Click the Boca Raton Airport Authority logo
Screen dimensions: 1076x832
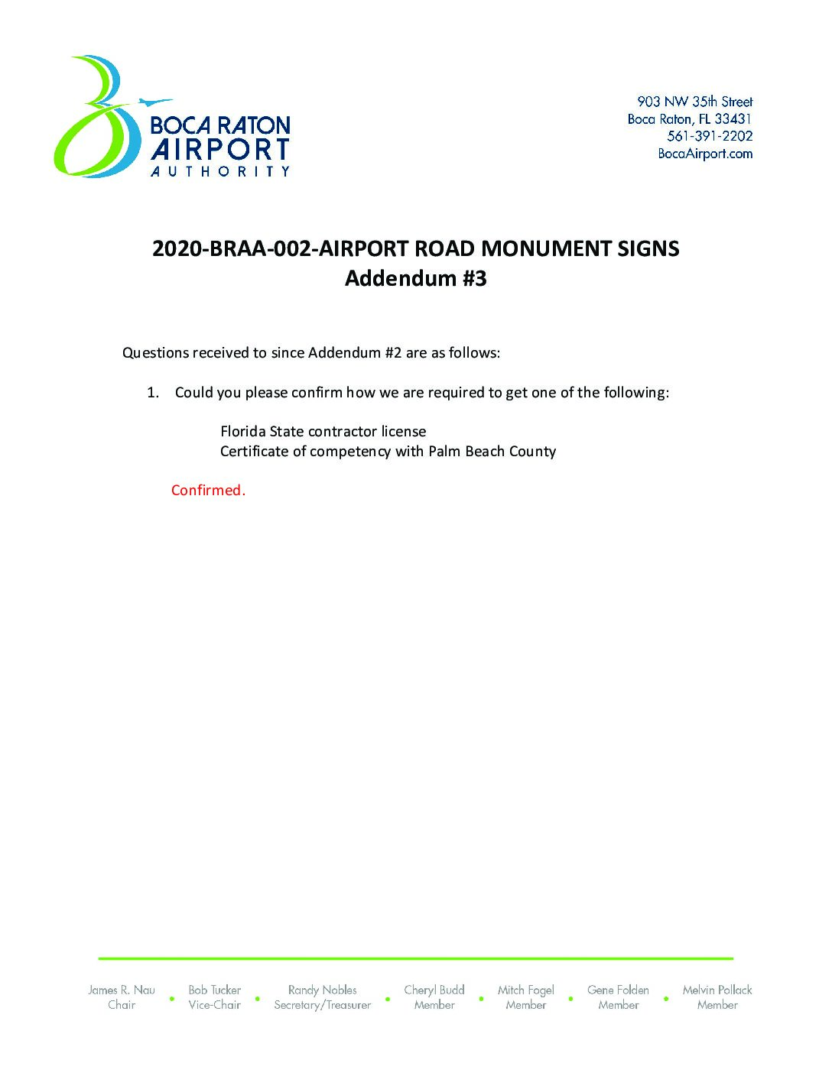[x=172, y=118]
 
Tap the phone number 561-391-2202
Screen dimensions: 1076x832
[x=710, y=136]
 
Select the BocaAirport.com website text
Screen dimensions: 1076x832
[x=705, y=154]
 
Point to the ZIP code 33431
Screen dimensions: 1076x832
[x=733, y=118]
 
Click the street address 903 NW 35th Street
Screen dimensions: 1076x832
[x=694, y=101]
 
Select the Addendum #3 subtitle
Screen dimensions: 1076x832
[x=415, y=278]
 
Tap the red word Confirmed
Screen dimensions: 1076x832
[x=208, y=491]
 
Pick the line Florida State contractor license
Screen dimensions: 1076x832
[x=323, y=432]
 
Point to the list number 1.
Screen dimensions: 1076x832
[x=153, y=393]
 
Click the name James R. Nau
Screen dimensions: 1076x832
[x=122, y=990]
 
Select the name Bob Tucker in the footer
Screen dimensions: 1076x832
[x=214, y=990]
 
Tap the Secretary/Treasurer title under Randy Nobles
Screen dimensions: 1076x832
[x=322, y=1005]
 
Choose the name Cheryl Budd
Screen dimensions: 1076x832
[x=434, y=990]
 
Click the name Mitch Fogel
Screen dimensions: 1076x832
[x=525, y=990]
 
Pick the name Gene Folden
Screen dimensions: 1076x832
[x=618, y=990]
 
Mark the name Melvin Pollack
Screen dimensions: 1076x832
[x=717, y=990]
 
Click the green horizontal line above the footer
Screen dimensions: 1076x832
[x=415, y=958]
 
